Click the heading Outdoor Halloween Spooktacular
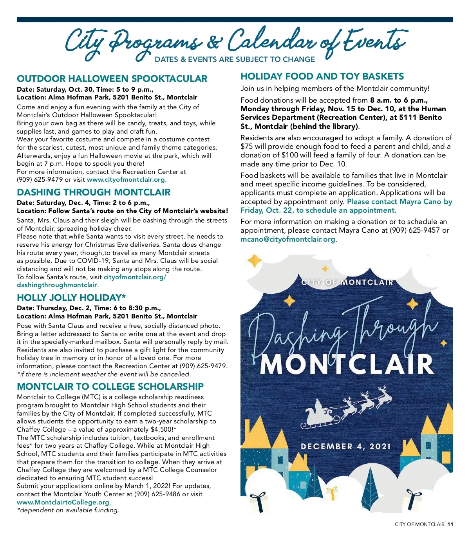[x=112, y=79]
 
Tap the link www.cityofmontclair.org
[x=126, y=180]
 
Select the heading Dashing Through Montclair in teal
[x=94, y=192]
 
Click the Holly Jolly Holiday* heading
[x=71, y=298]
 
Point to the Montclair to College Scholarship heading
[x=110, y=387]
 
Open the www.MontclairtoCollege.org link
[x=63, y=502]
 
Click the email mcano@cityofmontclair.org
[x=288, y=239]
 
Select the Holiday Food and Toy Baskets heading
[x=322, y=76]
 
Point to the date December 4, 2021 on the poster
[x=346, y=447]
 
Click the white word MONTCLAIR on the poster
[x=347, y=365]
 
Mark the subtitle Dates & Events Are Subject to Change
[x=235, y=60]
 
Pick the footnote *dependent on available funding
[x=68, y=510]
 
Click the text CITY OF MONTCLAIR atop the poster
[x=347, y=282]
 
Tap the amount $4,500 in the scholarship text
[x=161, y=430]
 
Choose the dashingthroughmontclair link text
[x=57, y=285]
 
